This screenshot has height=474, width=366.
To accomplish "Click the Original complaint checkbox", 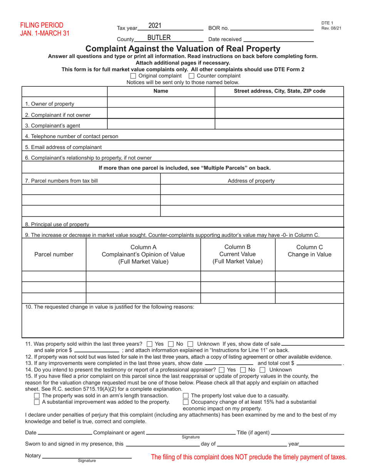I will (134, 76).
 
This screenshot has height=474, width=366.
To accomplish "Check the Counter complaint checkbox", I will (192, 76).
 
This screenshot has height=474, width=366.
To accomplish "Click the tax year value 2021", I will (154, 26).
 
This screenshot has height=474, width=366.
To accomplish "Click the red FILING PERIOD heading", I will (42, 25).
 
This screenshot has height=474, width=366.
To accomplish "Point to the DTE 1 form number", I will (327, 23).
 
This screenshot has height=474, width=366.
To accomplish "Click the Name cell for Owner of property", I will (161, 103).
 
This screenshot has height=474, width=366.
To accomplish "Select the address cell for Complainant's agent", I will (279, 124).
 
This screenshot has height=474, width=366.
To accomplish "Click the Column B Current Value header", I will (238, 254).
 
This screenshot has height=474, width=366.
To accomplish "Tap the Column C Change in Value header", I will (309, 251).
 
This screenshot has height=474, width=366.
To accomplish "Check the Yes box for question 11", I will (150, 344).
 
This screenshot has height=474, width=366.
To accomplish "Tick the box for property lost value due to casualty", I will (186, 396).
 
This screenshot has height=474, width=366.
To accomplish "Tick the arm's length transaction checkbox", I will (37, 396).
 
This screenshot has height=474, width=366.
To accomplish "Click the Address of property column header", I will (251, 181).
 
